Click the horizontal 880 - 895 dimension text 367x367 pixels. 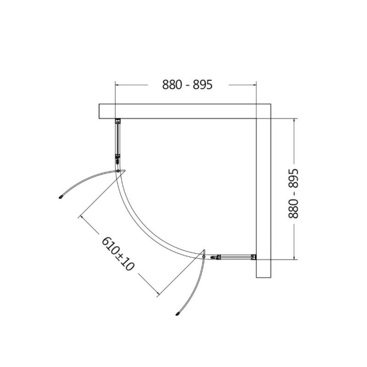click(188, 85)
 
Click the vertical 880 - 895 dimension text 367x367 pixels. click(294, 194)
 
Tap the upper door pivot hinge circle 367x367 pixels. click(118, 171)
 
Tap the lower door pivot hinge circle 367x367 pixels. click(203, 257)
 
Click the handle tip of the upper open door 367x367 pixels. click(61, 197)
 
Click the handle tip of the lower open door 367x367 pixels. click(177, 314)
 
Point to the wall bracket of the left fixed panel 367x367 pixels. click(117, 121)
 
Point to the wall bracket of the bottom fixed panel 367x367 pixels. click(254, 257)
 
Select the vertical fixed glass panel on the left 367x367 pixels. click(117, 139)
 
